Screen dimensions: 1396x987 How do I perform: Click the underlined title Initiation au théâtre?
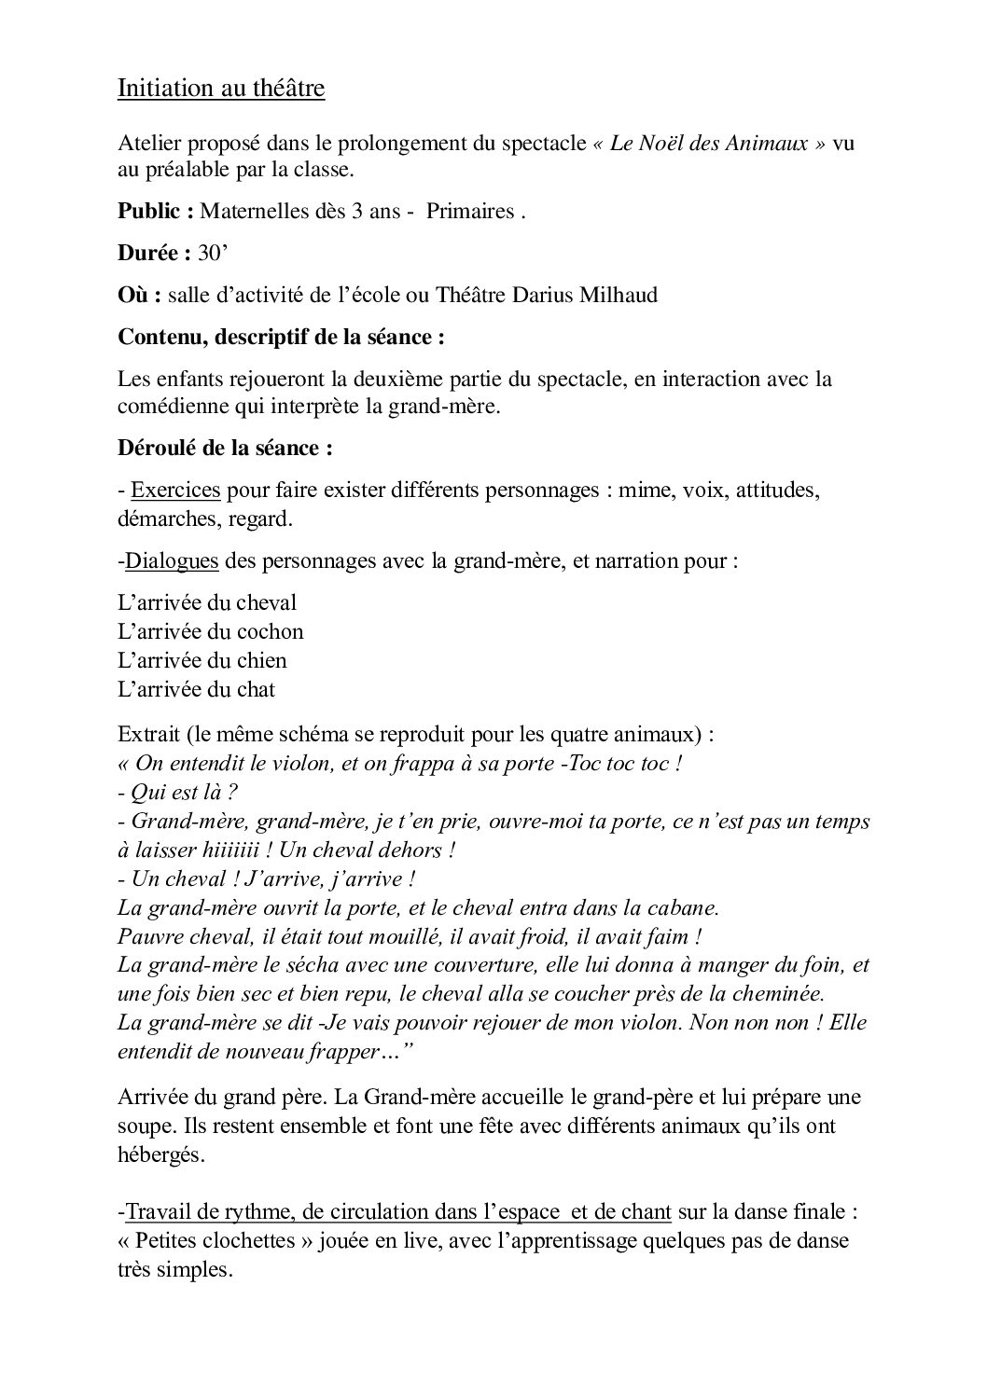(221, 89)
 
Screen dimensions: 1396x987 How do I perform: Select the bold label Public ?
(156, 211)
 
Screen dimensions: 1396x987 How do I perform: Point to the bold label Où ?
(140, 295)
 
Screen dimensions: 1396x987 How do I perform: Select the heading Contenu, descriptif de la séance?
(281, 337)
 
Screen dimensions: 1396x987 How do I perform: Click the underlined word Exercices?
(176, 490)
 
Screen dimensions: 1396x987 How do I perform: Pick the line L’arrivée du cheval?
(207, 602)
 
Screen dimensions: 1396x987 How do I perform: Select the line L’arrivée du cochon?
(211, 631)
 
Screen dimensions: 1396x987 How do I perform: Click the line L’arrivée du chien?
(202, 660)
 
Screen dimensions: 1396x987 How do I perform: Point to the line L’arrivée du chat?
(197, 689)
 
